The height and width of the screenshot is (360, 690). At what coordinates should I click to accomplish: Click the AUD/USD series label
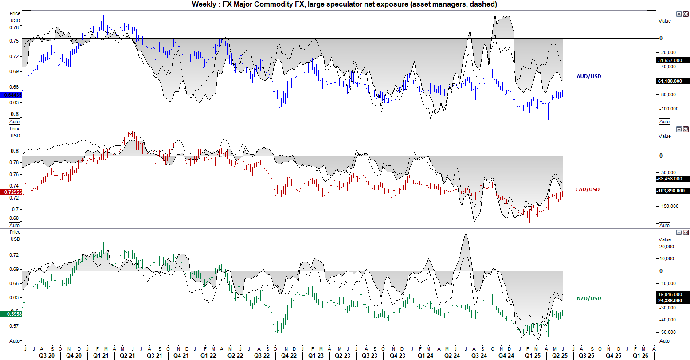[588, 76]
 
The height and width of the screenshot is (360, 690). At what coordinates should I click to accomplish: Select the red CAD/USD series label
[587, 189]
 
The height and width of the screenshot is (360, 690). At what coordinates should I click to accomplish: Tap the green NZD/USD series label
[588, 298]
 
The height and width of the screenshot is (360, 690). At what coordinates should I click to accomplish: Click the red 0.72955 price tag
[11, 192]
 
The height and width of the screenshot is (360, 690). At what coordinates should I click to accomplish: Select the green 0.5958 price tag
[11, 314]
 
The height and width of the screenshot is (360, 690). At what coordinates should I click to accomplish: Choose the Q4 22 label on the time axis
[288, 356]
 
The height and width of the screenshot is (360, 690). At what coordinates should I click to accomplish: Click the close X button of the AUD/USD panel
[686, 14]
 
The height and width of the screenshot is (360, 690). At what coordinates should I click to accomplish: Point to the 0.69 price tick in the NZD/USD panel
[15, 269]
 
